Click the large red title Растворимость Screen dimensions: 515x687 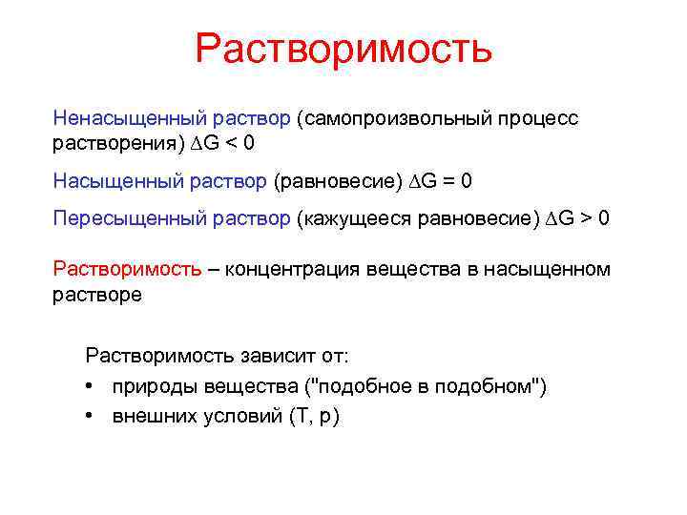tap(343, 49)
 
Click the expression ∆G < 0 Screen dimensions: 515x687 tap(222, 144)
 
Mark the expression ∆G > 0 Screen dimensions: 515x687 tap(576, 218)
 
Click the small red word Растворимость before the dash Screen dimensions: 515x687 tap(127, 269)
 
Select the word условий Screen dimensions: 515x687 tap(237, 417)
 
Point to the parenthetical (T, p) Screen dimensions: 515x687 tap(314, 417)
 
